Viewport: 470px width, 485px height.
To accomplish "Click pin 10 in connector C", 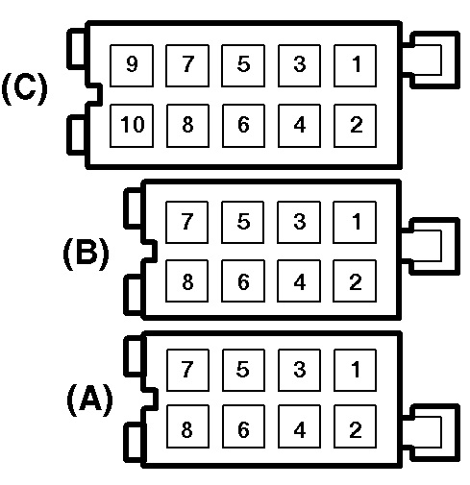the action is pos(132,126).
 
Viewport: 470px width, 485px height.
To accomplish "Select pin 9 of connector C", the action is pos(132,65).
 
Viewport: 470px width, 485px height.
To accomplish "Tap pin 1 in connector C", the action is pos(355,65).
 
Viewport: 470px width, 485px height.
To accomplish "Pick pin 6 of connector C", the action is pos(243,126).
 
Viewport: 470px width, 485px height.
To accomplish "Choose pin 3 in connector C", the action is pos(299,65).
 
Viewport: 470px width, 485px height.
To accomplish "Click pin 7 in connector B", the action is pos(186,222).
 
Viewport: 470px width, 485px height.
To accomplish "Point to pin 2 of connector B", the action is pos(355,280).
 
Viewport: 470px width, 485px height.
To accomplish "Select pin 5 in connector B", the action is pos(243,222).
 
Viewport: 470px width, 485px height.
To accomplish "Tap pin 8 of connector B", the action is pos(186,280).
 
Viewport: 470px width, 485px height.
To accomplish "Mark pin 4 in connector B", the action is pos(299,280).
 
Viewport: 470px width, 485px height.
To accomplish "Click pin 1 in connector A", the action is pos(355,370).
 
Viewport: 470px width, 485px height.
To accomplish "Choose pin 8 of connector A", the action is pos(187,426).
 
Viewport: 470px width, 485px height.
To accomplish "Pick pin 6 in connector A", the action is pos(243,426).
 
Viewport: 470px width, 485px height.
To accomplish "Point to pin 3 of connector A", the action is pos(299,370).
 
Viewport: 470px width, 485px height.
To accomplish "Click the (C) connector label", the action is pos(25,89).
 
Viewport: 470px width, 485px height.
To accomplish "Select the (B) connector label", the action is pos(86,254).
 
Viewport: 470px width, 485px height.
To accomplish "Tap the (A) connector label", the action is pos(90,400).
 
